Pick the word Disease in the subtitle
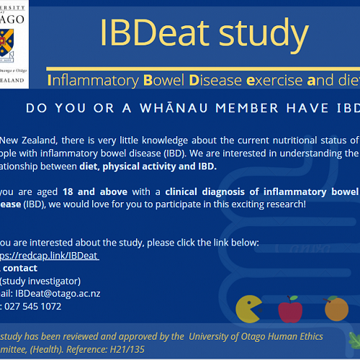coord(214,79)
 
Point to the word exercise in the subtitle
coord(273,79)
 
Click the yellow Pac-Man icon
coord(248,309)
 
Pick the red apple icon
coord(289,309)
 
